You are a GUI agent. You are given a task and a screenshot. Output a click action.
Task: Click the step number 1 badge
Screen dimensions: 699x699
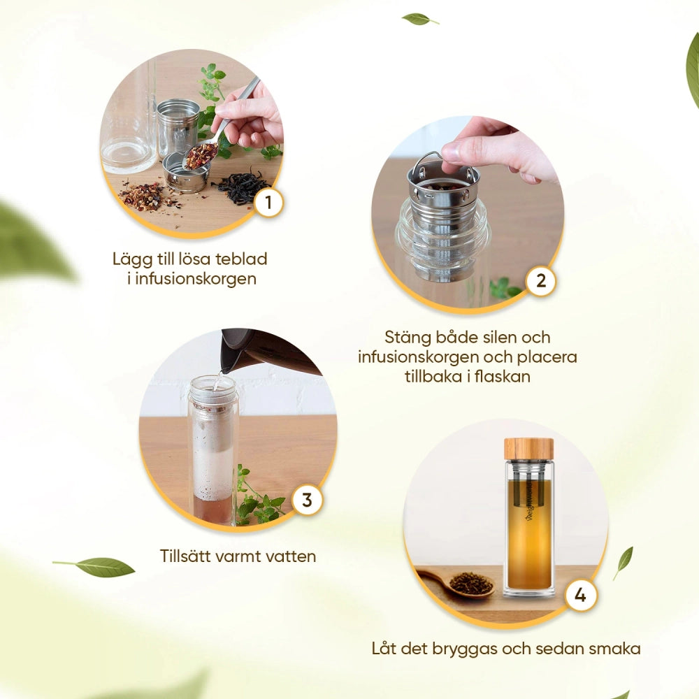point(268,203)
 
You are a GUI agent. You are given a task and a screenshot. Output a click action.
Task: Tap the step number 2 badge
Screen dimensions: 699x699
point(541,281)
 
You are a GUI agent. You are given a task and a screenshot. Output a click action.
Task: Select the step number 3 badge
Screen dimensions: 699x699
point(307,500)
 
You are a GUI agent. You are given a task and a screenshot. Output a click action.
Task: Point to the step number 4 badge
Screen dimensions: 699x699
point(580,595)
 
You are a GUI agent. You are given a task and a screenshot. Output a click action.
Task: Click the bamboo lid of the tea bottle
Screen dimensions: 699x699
point(528,449)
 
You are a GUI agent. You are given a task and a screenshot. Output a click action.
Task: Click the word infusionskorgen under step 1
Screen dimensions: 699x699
point(196,279)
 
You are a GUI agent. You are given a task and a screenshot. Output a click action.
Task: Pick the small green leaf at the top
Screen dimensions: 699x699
point(419,19)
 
